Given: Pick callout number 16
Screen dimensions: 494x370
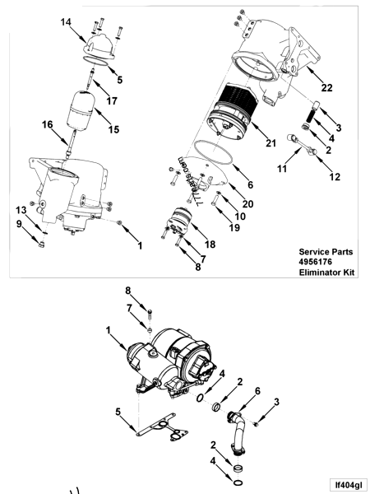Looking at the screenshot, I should point(48,123).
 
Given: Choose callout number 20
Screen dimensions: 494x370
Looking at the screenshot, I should point(247,203).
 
